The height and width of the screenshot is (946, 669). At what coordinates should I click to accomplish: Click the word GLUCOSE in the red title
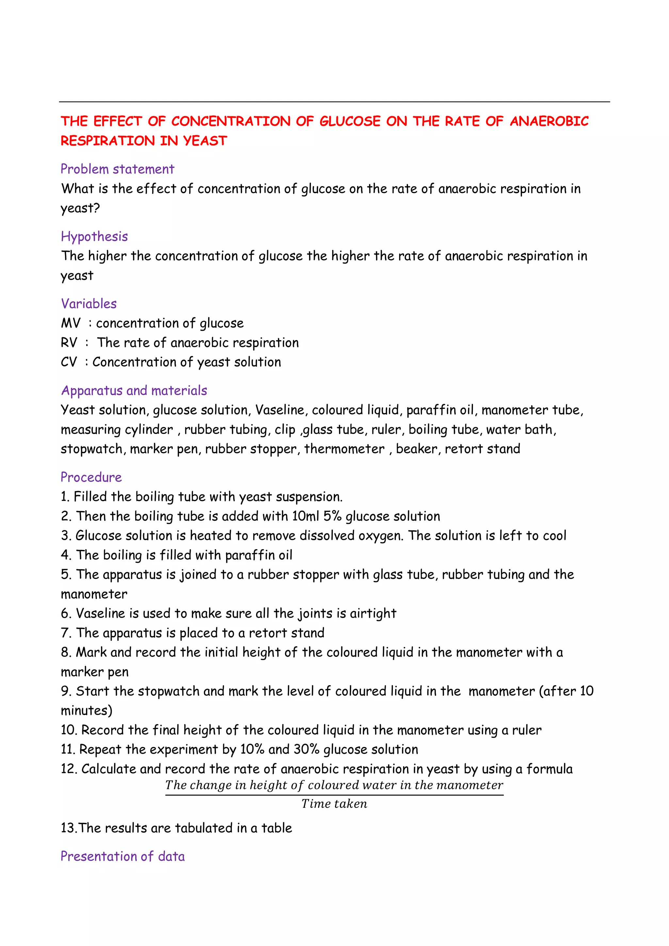(350, 121)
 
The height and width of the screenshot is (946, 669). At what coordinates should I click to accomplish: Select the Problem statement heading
(117, 169)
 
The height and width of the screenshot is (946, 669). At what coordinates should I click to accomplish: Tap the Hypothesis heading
(94, 237)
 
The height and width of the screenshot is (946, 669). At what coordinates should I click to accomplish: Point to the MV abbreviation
(71, 323)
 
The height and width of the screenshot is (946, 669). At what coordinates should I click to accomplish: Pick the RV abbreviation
(69, 342)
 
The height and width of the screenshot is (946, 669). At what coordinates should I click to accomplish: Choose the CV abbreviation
(69, 362)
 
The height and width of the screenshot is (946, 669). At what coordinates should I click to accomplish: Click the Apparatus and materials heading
(134, 390)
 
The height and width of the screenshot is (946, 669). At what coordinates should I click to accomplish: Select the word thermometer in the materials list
(344, 449)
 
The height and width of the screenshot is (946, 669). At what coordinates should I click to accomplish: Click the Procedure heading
(91, 477)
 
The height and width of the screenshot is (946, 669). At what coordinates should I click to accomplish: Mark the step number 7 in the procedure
(65, 633)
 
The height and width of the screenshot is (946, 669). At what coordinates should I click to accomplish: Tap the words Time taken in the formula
(334, 804)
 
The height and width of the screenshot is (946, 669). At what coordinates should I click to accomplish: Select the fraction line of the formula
(334, 795)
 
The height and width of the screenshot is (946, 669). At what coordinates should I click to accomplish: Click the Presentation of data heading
(123, 856)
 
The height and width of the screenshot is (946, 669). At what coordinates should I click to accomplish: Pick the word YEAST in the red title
(205, 141)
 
